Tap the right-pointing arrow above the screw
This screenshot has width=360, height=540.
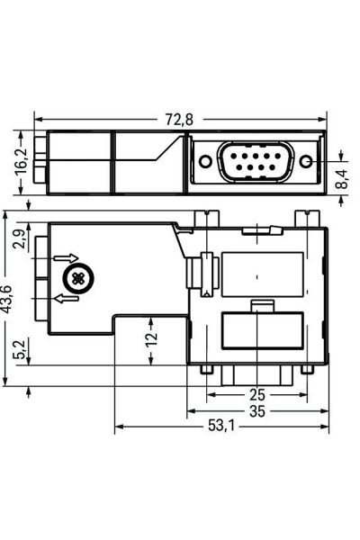point(67,260)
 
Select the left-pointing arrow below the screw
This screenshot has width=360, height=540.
point(66,298)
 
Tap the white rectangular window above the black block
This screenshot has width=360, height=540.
point(261,272)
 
